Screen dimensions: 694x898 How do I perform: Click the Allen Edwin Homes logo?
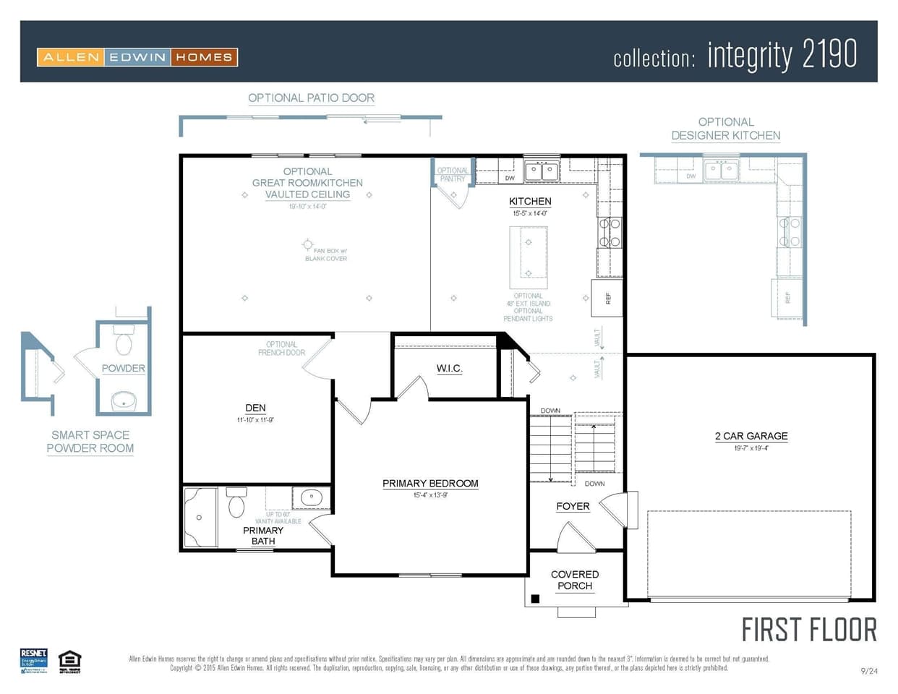pyautogui.click(x=137, y=57)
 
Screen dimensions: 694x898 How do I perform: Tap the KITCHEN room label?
pyautogui.click(x=530, y=202)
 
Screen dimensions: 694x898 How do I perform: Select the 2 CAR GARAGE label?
pyautogui.click(x=751, y=436)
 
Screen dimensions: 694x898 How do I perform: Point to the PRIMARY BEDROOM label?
pyautogui.click(x=430, y=484)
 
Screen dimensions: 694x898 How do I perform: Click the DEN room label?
pyautogui.click(x=255, y=408)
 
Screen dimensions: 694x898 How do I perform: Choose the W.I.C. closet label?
pyautogui.click(x=449, y=369)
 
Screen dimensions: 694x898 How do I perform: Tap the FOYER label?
pyautogui.click(x=573, y=507)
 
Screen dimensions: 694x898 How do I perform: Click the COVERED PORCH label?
pyautogui.click(x=575, y=581)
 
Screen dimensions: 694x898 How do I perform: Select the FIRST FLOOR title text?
pyautogui.click(x=809, y=630)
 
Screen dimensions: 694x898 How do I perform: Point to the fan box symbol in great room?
pyautogui.click(x=308, y=244)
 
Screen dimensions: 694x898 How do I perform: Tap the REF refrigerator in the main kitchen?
pyautogui.click(x=607, y=298)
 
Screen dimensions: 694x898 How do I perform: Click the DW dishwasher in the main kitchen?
pyautogui.click(x=510, y=178)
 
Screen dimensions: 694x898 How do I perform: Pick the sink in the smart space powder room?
pyautogui.click(x=124, y=400)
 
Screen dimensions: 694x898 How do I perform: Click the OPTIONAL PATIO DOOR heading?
pyautogui.click(x=311, y=98)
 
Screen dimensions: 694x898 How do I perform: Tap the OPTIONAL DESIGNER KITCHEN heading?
pyautogui.click(x=725, y=129)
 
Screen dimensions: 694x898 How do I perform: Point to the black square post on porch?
pyautogui.click(x=535, y=599)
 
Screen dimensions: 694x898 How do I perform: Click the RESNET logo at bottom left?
pyautogui.click(x=33, y=661)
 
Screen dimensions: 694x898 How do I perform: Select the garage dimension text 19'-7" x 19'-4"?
pyautogui.click(x=751, y=448)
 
